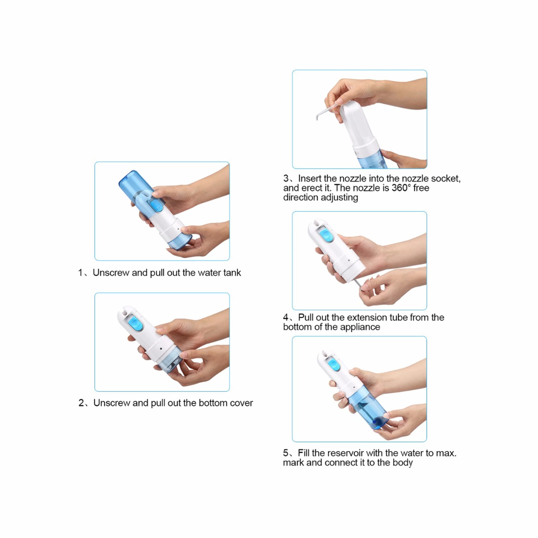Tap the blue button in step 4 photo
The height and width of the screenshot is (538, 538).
pos(326,236)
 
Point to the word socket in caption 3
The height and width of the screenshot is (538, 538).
pos(445,179)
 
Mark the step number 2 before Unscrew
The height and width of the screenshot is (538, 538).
pos(81,403)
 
